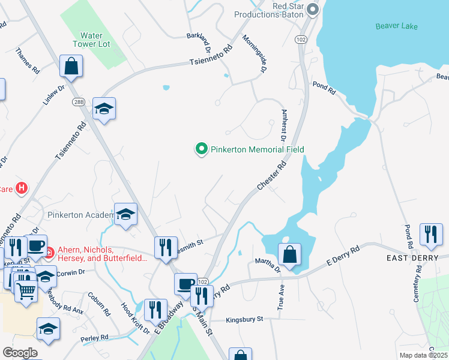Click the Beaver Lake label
396,26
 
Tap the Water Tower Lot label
88,40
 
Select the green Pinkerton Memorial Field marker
202,149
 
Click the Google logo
20,353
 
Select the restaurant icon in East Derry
431,235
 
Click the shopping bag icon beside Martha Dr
289,254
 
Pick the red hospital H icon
22,188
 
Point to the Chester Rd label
271,175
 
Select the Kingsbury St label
244,320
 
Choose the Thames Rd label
28,60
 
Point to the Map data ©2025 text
424,355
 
